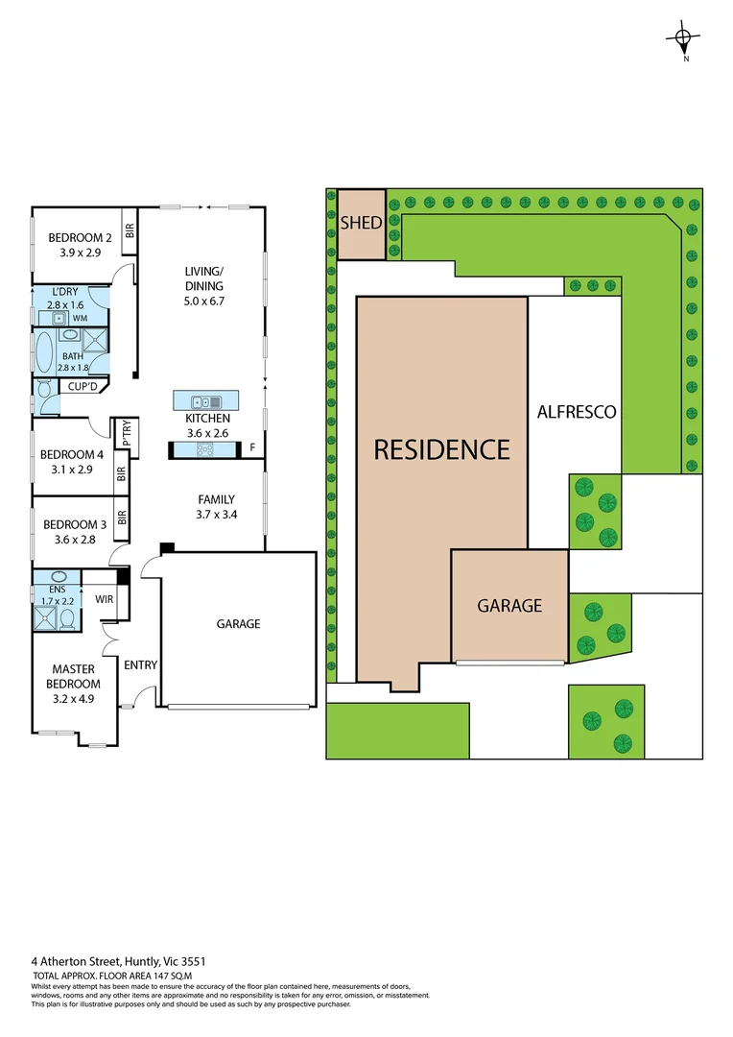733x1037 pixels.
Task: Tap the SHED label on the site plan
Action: pyautogui.click(x=361, y=223)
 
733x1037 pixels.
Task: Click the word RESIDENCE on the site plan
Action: pyautogui.click(x=441, y=448)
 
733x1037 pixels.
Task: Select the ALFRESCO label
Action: pyautogui.click(x=576, y=412)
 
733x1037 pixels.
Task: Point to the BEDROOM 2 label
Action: pyautogui.click(x=82, y=238)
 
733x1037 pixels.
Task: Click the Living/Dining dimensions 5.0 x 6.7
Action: pyautogui.click(x=203, y=301)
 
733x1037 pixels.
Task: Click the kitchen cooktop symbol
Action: pyautogui.click(x=204, y=449)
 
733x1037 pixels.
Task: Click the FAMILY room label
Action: pyautogui.click(x=216, y=499)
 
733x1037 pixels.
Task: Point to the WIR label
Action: pyautogui.click(x=105, y=600)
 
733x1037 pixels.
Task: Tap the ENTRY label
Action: pyautogui.click(x=140, y=664)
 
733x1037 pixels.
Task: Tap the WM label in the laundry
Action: pyautogui.click(x=81, y=317)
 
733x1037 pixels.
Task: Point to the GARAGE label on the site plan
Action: pyautogui.click(x=509, y=605)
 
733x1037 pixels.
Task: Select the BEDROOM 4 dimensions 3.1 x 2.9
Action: pyautogui.click(x=72, y=470)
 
